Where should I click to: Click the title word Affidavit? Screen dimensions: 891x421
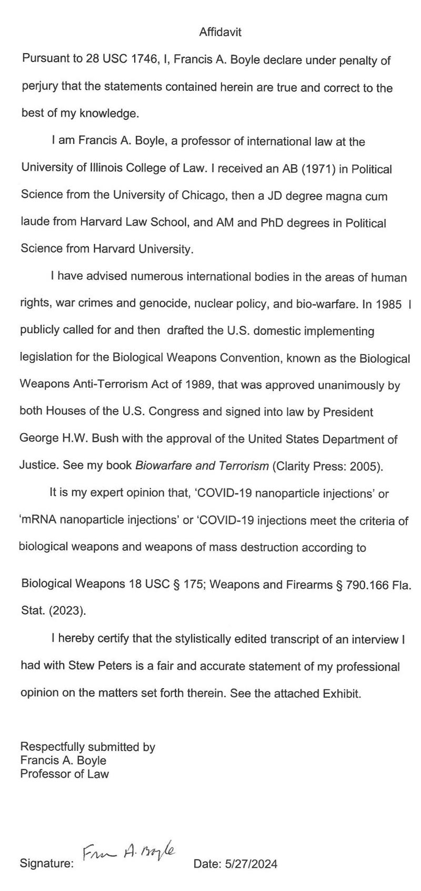pos(220,33)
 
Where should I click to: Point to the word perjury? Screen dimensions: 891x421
pos(39,88)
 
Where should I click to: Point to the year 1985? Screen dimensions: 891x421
pos(389,304)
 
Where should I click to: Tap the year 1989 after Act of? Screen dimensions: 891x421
pos(198,385)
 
